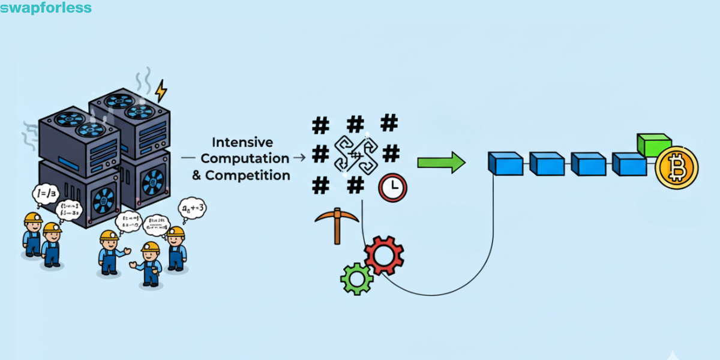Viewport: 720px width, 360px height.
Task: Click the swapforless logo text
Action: tap(46, 8)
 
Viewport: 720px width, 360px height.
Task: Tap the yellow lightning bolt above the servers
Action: tap(161, 91)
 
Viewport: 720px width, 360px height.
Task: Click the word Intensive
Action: tap(242, 143)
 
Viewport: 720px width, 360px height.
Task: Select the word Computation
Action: tap(245, 158)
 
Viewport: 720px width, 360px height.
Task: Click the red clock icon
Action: tap(392, 187)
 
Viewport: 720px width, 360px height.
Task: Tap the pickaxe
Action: tap(336, 224)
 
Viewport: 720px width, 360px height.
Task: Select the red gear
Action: tap(384, 255)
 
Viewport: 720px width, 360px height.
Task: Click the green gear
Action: tap(356, 278)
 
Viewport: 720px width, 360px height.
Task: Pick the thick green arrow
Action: tap(441, 162)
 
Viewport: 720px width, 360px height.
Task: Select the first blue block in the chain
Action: tap(505, 163)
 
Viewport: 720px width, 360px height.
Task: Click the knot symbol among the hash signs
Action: tap(355, 154)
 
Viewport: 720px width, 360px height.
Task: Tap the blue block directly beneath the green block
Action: tap(629, 164)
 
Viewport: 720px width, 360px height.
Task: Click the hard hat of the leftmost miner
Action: tap(32, 218)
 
